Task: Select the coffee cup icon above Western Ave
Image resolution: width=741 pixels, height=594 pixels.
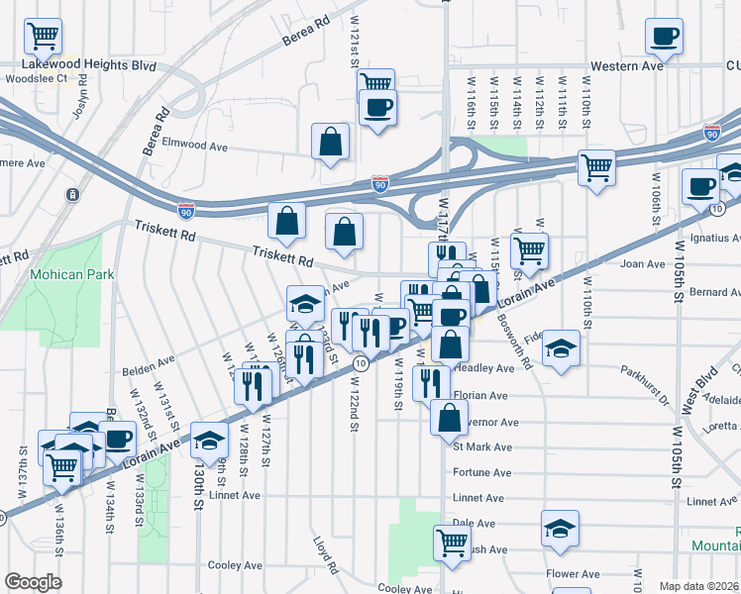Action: [x=664, y=37]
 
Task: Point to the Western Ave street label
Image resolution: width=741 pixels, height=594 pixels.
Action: [x=625, y=66]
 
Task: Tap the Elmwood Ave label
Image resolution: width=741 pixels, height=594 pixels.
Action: [x=195, y=146]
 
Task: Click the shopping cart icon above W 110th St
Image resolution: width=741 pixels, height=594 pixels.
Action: [x=596, y=168]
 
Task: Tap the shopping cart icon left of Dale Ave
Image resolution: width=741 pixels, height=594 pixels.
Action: [x=452, y=542]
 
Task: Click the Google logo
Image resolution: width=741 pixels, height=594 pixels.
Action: [x=33, y=582]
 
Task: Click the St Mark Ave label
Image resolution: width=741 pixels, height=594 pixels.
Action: [x=482, y=446]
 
